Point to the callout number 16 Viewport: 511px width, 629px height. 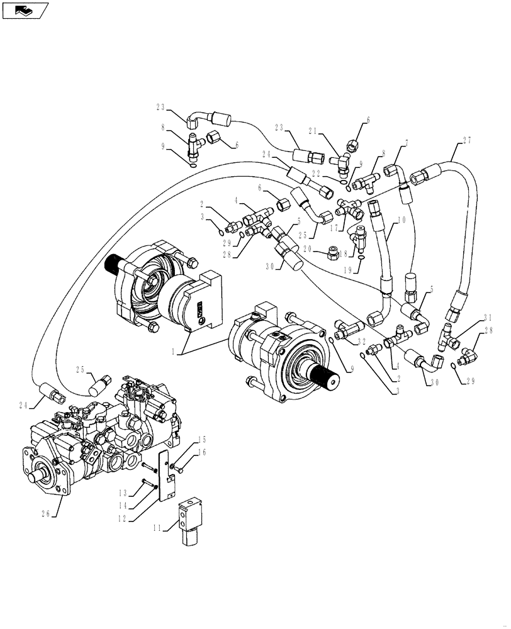(x=184, y=452)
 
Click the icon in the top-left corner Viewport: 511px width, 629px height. (x=25, y=9)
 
